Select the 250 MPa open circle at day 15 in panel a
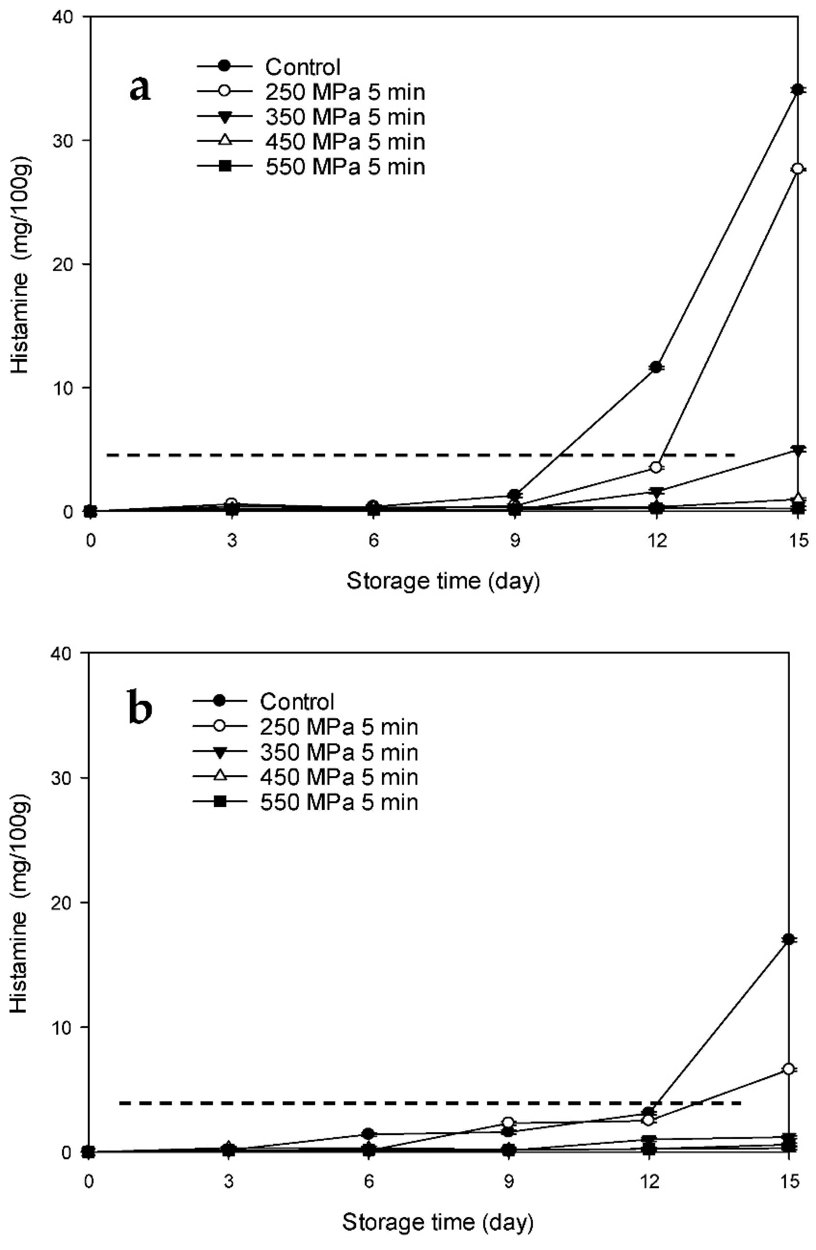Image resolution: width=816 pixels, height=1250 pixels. [798, 169]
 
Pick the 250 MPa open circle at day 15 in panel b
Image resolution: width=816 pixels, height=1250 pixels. [788, 1069]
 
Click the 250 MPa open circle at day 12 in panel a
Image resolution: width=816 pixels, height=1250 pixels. [655, 467]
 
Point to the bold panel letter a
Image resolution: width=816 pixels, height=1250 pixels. [140, 88]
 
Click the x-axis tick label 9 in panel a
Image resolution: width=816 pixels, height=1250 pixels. [515, 541]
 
